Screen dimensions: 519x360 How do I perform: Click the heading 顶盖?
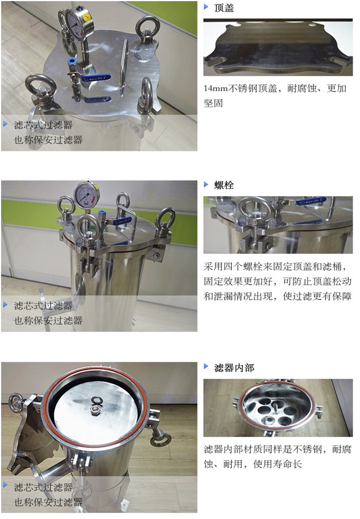(224, 8)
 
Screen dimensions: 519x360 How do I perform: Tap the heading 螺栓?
(224, 185)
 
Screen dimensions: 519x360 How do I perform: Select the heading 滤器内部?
(234, 367)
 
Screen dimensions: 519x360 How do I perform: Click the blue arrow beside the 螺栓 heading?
(206, 185)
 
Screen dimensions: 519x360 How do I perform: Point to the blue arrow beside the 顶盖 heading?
(206, 7)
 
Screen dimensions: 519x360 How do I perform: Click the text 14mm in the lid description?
(216, 89)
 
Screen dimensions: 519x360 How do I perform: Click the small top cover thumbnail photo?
(277, 48)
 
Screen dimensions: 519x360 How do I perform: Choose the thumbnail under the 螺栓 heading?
(277, 225)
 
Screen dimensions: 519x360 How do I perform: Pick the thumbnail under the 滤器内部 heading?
(277, 408)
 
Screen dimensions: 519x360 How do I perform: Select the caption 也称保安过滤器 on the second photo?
(48, 320)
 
